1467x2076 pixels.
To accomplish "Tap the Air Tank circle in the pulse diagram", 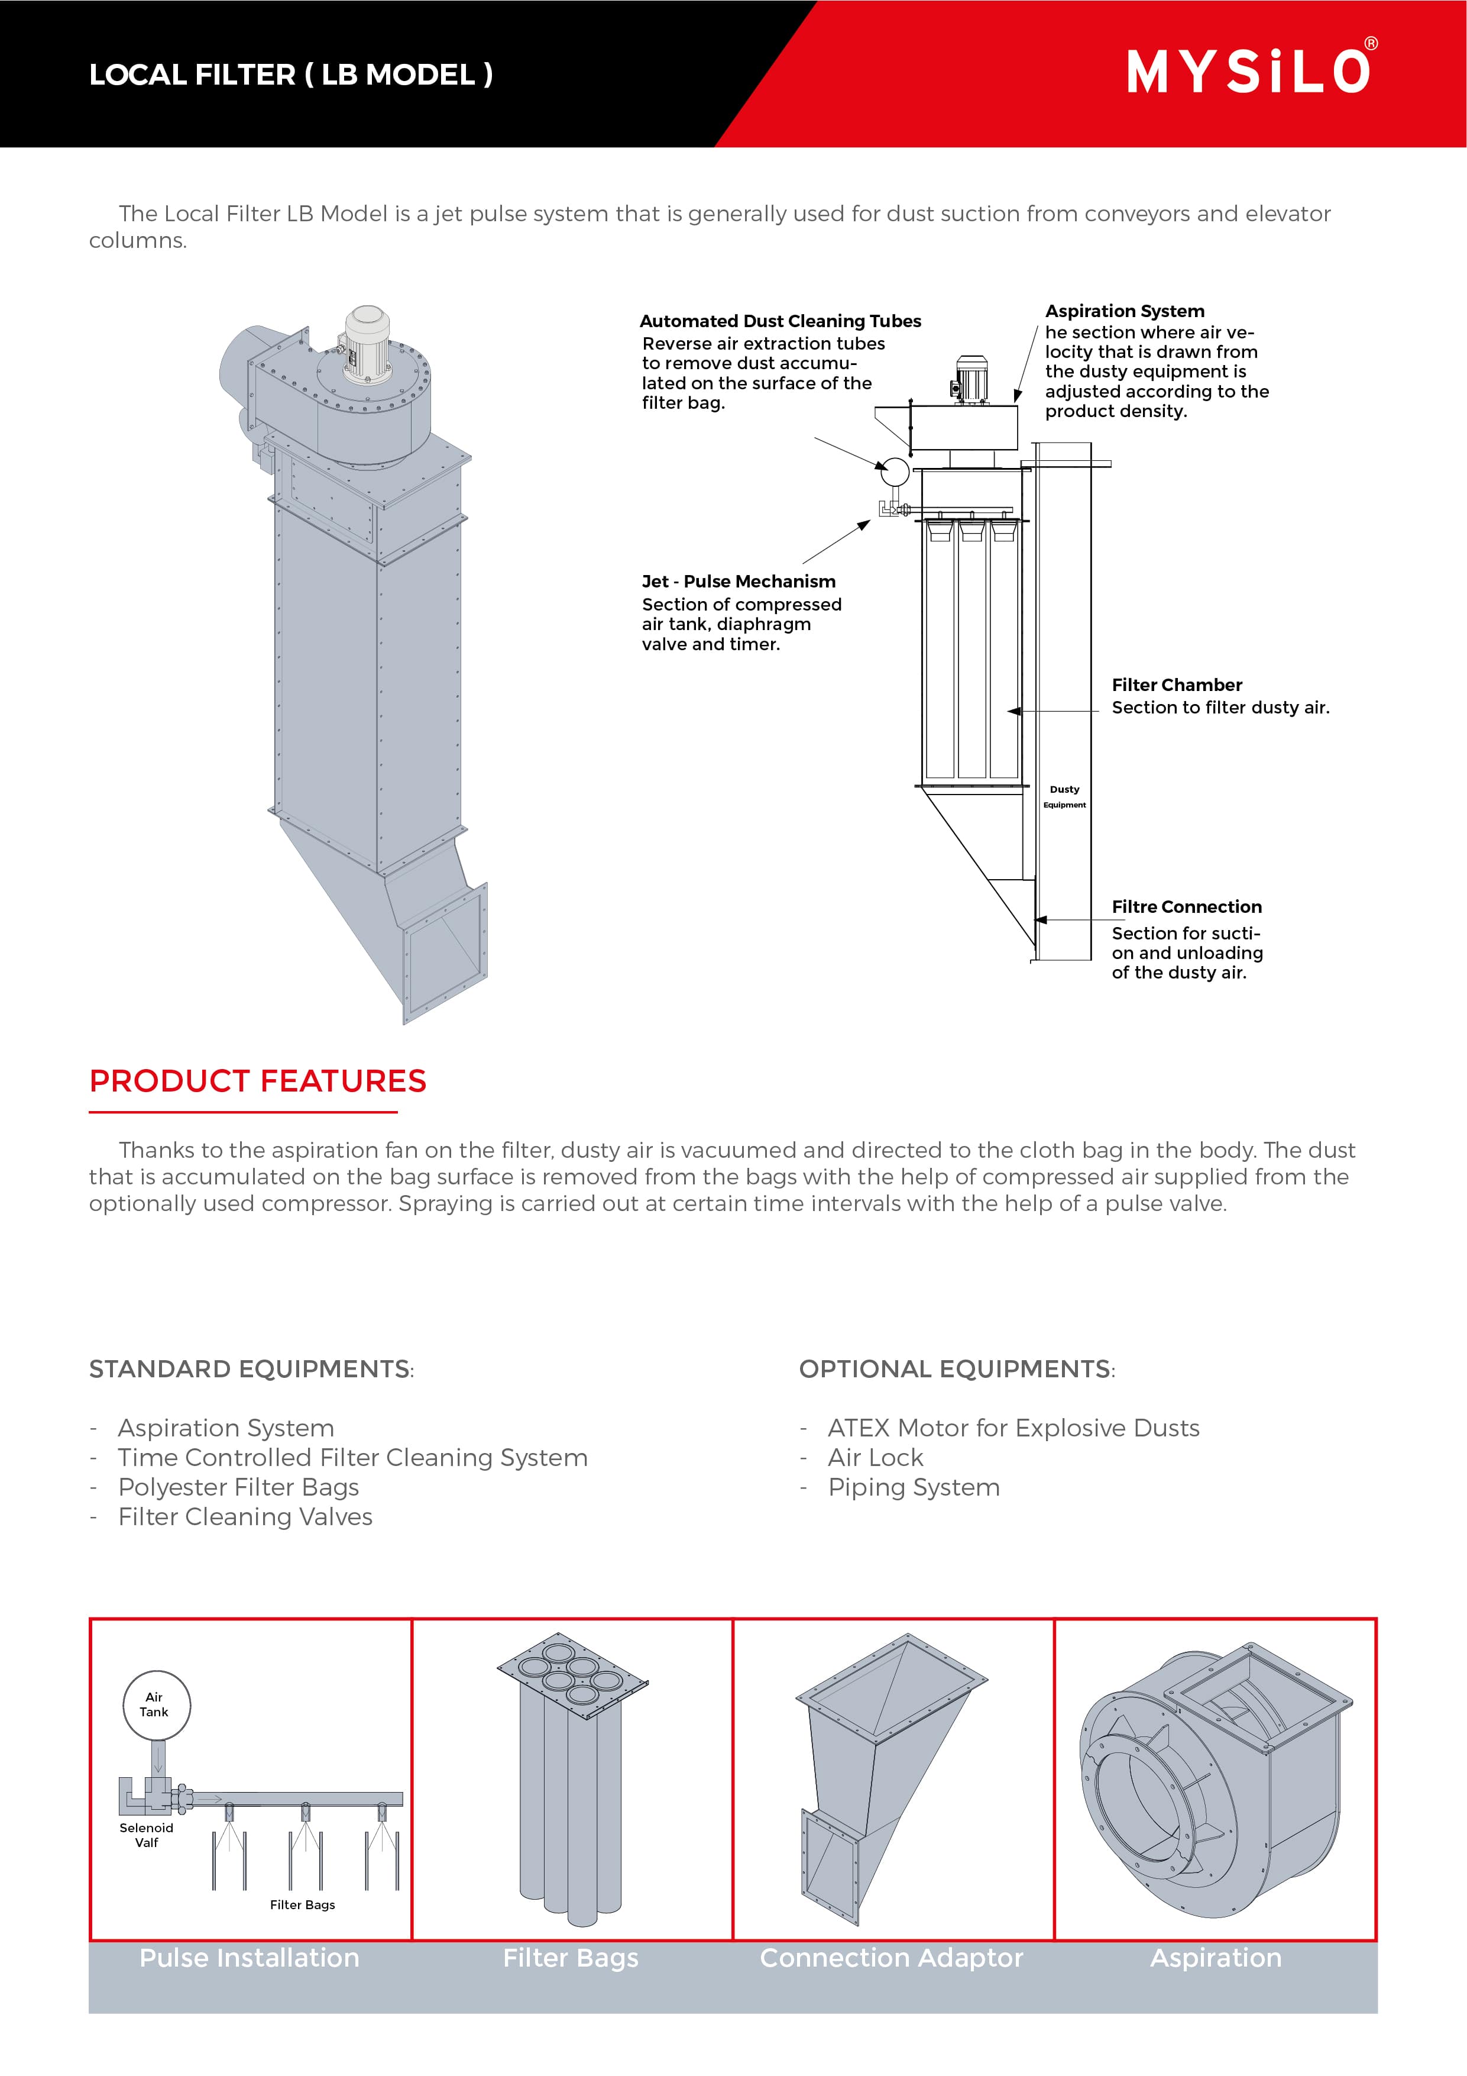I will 156,1704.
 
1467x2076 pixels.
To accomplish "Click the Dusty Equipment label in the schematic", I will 1064,796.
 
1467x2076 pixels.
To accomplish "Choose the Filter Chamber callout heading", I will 1176,685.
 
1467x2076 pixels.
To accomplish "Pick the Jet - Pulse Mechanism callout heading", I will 739,582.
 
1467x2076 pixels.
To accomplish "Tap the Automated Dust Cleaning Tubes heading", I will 780,321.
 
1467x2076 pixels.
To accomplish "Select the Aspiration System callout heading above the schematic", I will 1125,311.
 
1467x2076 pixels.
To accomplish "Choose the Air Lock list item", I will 875,1458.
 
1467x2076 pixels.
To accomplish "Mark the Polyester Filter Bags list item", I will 239,1487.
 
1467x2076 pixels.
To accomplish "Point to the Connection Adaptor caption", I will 891,1958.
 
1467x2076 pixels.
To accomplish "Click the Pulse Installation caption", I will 250,1958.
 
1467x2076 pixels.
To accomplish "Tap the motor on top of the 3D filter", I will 366,342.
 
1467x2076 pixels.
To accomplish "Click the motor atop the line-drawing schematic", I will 971,380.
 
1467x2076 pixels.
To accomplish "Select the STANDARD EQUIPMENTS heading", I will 250,1369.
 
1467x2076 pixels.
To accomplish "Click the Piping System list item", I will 914,1487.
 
